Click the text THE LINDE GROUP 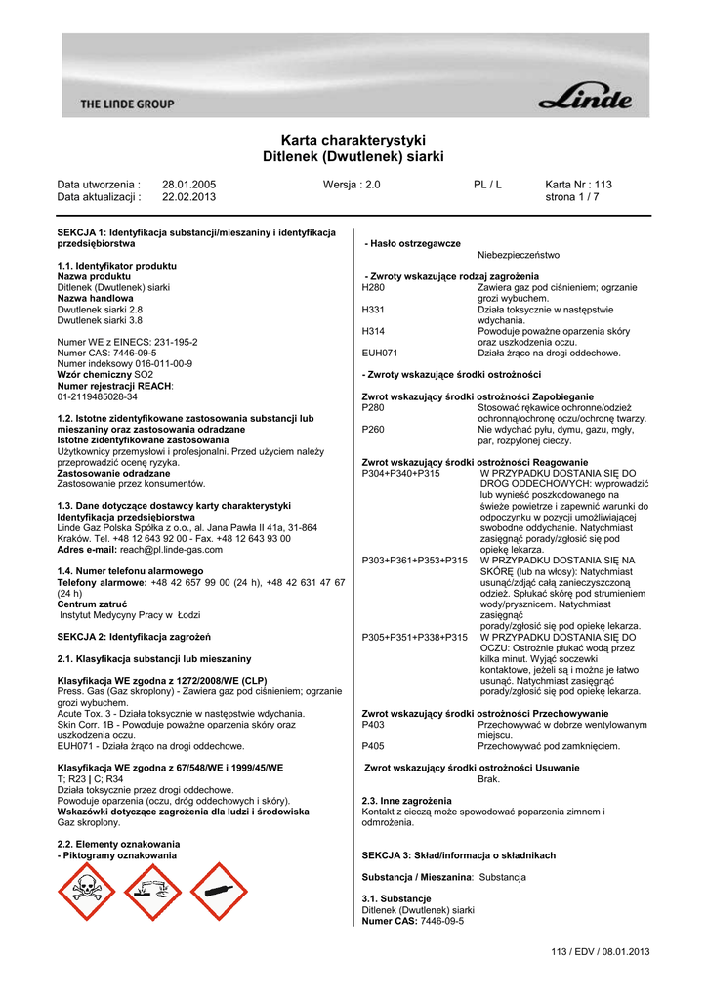127,104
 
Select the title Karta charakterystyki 353,140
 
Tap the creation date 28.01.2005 188,184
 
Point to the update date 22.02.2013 188,196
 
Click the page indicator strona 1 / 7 572,196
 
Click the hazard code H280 373,288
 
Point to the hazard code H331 373,310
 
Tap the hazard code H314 373,331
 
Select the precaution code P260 373,429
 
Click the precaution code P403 373,725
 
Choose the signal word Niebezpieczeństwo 519,255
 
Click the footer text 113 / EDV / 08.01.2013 600,951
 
